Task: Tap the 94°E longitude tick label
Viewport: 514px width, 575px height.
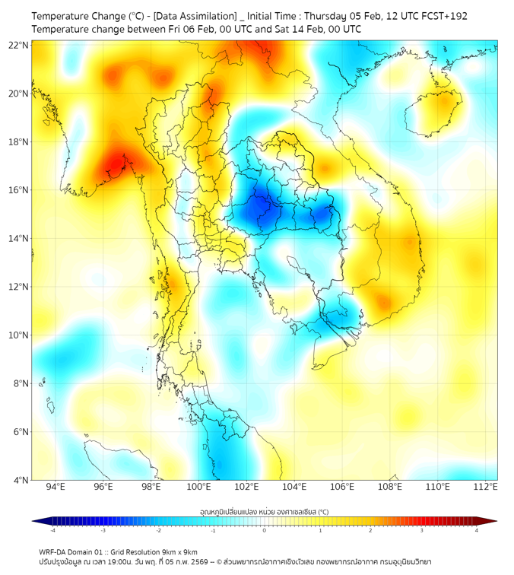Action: pyautogui.click(x=55, y=487)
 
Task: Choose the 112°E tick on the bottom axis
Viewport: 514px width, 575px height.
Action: pyautogui.click(x=485, y=487)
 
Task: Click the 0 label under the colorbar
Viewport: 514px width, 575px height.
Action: pyautogui.click(x=265, y=530)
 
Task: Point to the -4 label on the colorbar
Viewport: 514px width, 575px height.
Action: pyautogui.click(x=52, y=530)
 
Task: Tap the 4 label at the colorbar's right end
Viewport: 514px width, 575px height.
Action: pyautogui.click(x=476, y=530)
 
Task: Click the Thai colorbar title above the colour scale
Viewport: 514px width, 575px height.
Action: pyautogui.click(x=264, y=512)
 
